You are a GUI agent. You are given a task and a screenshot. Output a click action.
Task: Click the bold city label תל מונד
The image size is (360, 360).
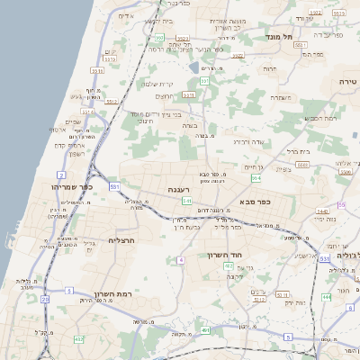(x=274, y=37)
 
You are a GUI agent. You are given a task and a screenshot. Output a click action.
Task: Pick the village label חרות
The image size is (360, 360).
(x=269, y=68)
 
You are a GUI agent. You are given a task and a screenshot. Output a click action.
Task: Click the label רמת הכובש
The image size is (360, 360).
(x=319, y=118)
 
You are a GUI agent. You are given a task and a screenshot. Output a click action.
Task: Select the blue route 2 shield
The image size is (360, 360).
(x=61, y=174)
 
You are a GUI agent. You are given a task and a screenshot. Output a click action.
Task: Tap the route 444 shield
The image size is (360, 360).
(x=327, y=296)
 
